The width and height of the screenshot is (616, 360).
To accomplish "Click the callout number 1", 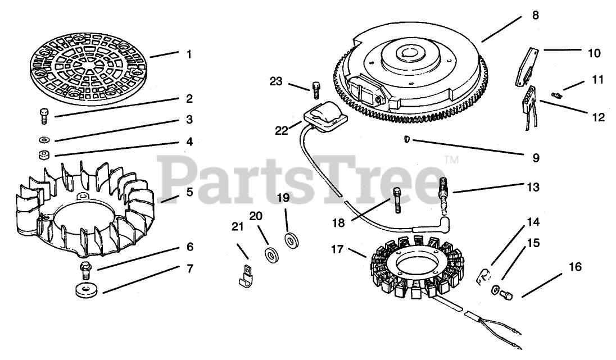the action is pyautogui.click(x=189, y=54).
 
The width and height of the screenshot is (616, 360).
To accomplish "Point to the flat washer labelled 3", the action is pyautogui.click(x=43, y=138).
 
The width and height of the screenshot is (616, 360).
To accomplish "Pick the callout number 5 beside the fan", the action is pyautogui.click(x=190, y=192).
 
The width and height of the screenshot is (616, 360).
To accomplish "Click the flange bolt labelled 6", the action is pyautogui.click(x=86, y=269).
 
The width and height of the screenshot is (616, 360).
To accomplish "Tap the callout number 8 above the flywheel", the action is pyautogui.click(x=535, y=16).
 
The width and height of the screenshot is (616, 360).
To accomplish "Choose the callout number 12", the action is pyautogui.click(x=598, y=117).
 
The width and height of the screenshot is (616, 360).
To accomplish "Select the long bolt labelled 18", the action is pyautogui.click(x=397, y=200).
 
